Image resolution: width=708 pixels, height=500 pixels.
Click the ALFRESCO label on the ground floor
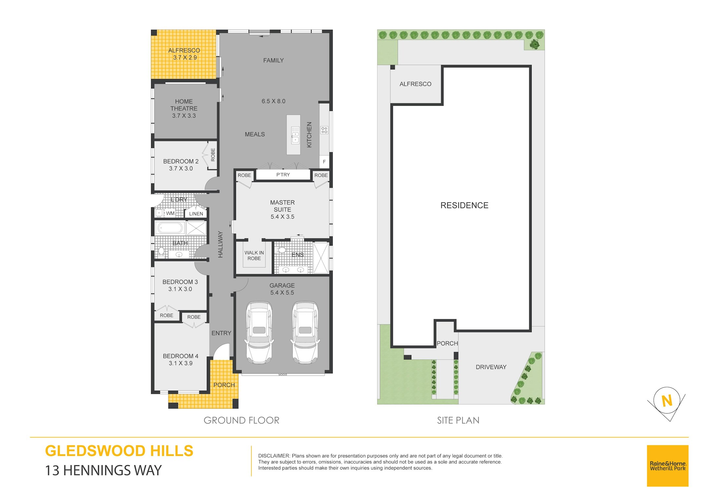click(x=184, y=50)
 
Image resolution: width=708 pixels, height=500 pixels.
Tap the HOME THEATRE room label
click(x=184, y=105)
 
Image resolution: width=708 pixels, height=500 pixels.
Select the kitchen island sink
click(x=295, y=136)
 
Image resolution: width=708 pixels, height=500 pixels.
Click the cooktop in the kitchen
click(x=324, y=130)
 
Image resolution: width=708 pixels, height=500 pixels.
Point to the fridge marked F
click(x=324, y=162)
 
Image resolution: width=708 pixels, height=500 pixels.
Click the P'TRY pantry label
click(x=283, y=175)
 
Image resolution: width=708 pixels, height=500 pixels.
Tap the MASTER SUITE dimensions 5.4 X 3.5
click(x=282, y=217)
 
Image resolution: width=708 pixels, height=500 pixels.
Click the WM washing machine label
click(x=170, y=213)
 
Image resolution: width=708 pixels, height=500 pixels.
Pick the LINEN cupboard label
click(x=196, y=214)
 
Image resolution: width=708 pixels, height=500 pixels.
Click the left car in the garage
click(x=259, y=332)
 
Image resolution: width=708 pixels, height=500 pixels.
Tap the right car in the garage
click(x=305, y=332)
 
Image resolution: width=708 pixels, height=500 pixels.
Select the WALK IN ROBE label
click(x=254, y=255)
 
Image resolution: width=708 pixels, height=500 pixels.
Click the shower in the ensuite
click(x=321, y=258)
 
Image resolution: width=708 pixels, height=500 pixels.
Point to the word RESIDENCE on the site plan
click(x=464, y=205)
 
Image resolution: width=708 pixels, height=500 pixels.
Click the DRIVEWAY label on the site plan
click(x=491, y=367)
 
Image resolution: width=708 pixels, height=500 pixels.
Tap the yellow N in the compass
click(x=667, y=401)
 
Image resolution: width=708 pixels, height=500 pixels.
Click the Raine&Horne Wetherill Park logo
click(x=667, y=466)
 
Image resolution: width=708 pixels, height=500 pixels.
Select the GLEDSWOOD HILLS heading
click(x=119, y=451)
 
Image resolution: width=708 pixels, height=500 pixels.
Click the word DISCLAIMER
click(x=274, y=456)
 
